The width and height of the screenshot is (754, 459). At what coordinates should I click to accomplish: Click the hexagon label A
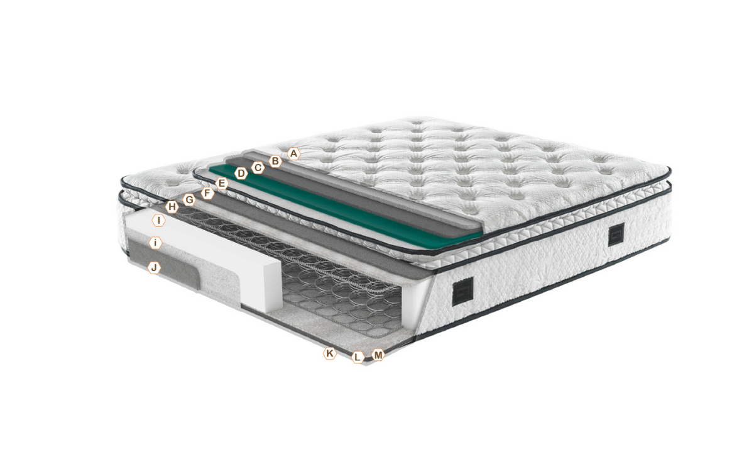[294, 154]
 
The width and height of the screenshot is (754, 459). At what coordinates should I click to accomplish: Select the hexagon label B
[275, 162]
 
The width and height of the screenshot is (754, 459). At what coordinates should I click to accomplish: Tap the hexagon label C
[258, 168]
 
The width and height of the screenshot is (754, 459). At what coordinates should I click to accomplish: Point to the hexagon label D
[241, 174]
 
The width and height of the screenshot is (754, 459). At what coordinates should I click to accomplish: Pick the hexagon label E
[221, 184]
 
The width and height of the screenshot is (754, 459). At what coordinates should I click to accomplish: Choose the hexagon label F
[207, 194]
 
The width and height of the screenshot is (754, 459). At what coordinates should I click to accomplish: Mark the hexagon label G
[189, 200]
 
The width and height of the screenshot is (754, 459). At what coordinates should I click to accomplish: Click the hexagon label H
[172, 207]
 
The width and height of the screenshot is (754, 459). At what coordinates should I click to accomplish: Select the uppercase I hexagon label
[158, 221]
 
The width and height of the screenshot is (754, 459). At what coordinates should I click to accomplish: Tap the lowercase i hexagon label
[155, 243]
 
